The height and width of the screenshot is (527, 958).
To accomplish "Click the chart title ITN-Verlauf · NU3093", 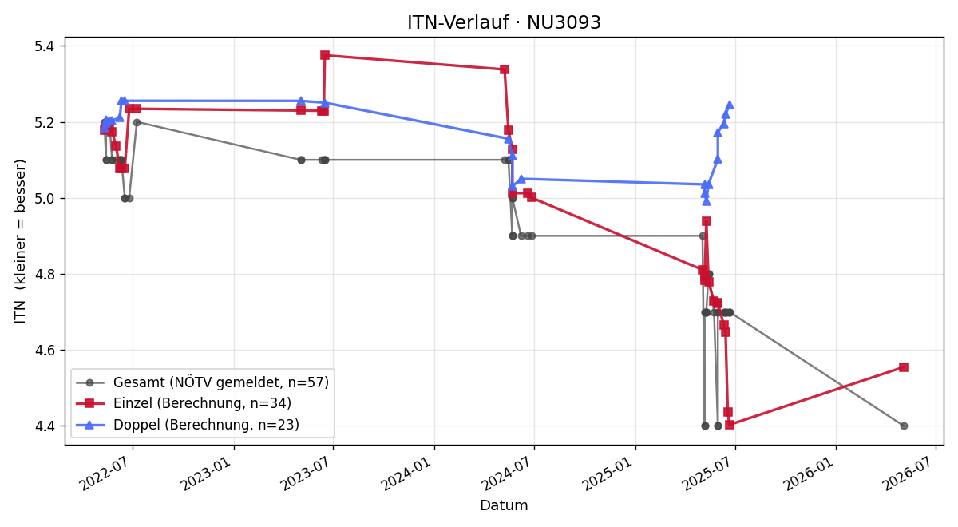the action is coord(504,22).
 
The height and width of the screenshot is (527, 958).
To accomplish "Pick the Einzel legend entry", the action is coord(184,403).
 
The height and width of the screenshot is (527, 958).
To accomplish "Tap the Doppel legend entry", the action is coord(188,425).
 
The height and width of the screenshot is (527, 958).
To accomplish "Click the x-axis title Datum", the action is coord(504,505).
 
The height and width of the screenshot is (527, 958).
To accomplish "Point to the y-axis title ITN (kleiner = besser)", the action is coord(20,241).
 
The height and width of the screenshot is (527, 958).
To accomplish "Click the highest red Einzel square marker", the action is coord(325,55).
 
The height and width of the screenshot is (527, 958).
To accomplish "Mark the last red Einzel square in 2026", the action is coord(904,367).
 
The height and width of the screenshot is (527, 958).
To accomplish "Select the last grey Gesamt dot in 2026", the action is coord(904,426).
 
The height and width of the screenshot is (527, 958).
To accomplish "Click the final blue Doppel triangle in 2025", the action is coord(730,105).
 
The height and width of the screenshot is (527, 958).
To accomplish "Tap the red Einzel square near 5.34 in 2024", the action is coord(505,69).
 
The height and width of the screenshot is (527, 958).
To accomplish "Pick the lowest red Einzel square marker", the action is coord(730,425).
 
